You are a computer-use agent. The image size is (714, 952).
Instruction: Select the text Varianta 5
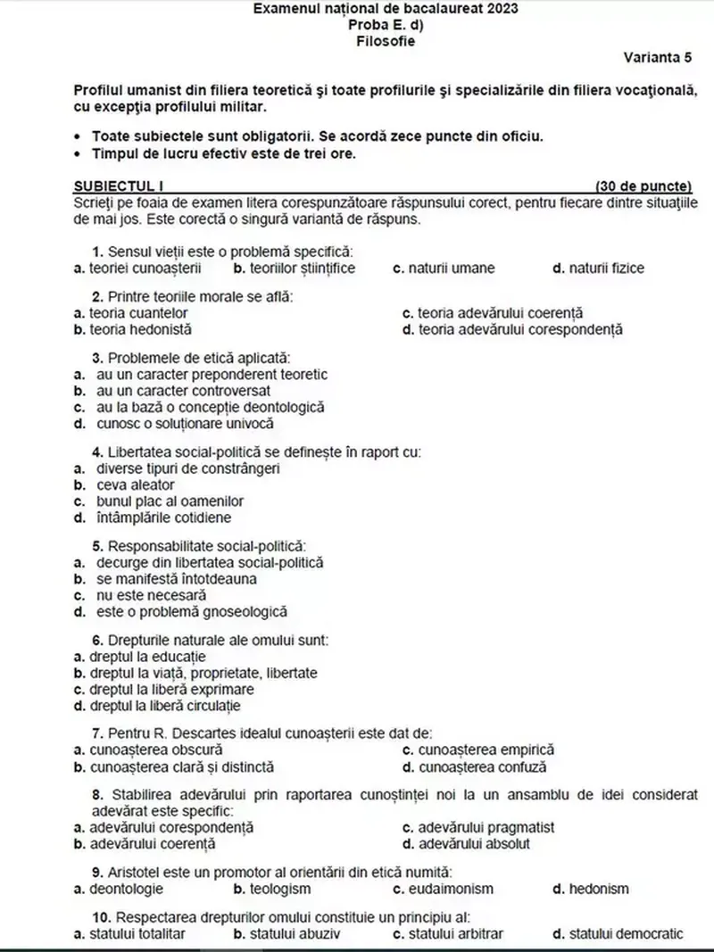coord(658,57)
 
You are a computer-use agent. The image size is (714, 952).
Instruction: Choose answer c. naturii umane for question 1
coord(444,268)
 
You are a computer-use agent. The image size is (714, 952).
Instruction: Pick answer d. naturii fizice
coord(598,268)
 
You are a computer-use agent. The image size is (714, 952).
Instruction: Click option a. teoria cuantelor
coord(130,313)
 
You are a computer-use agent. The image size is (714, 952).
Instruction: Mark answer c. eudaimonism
coord(443,889)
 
